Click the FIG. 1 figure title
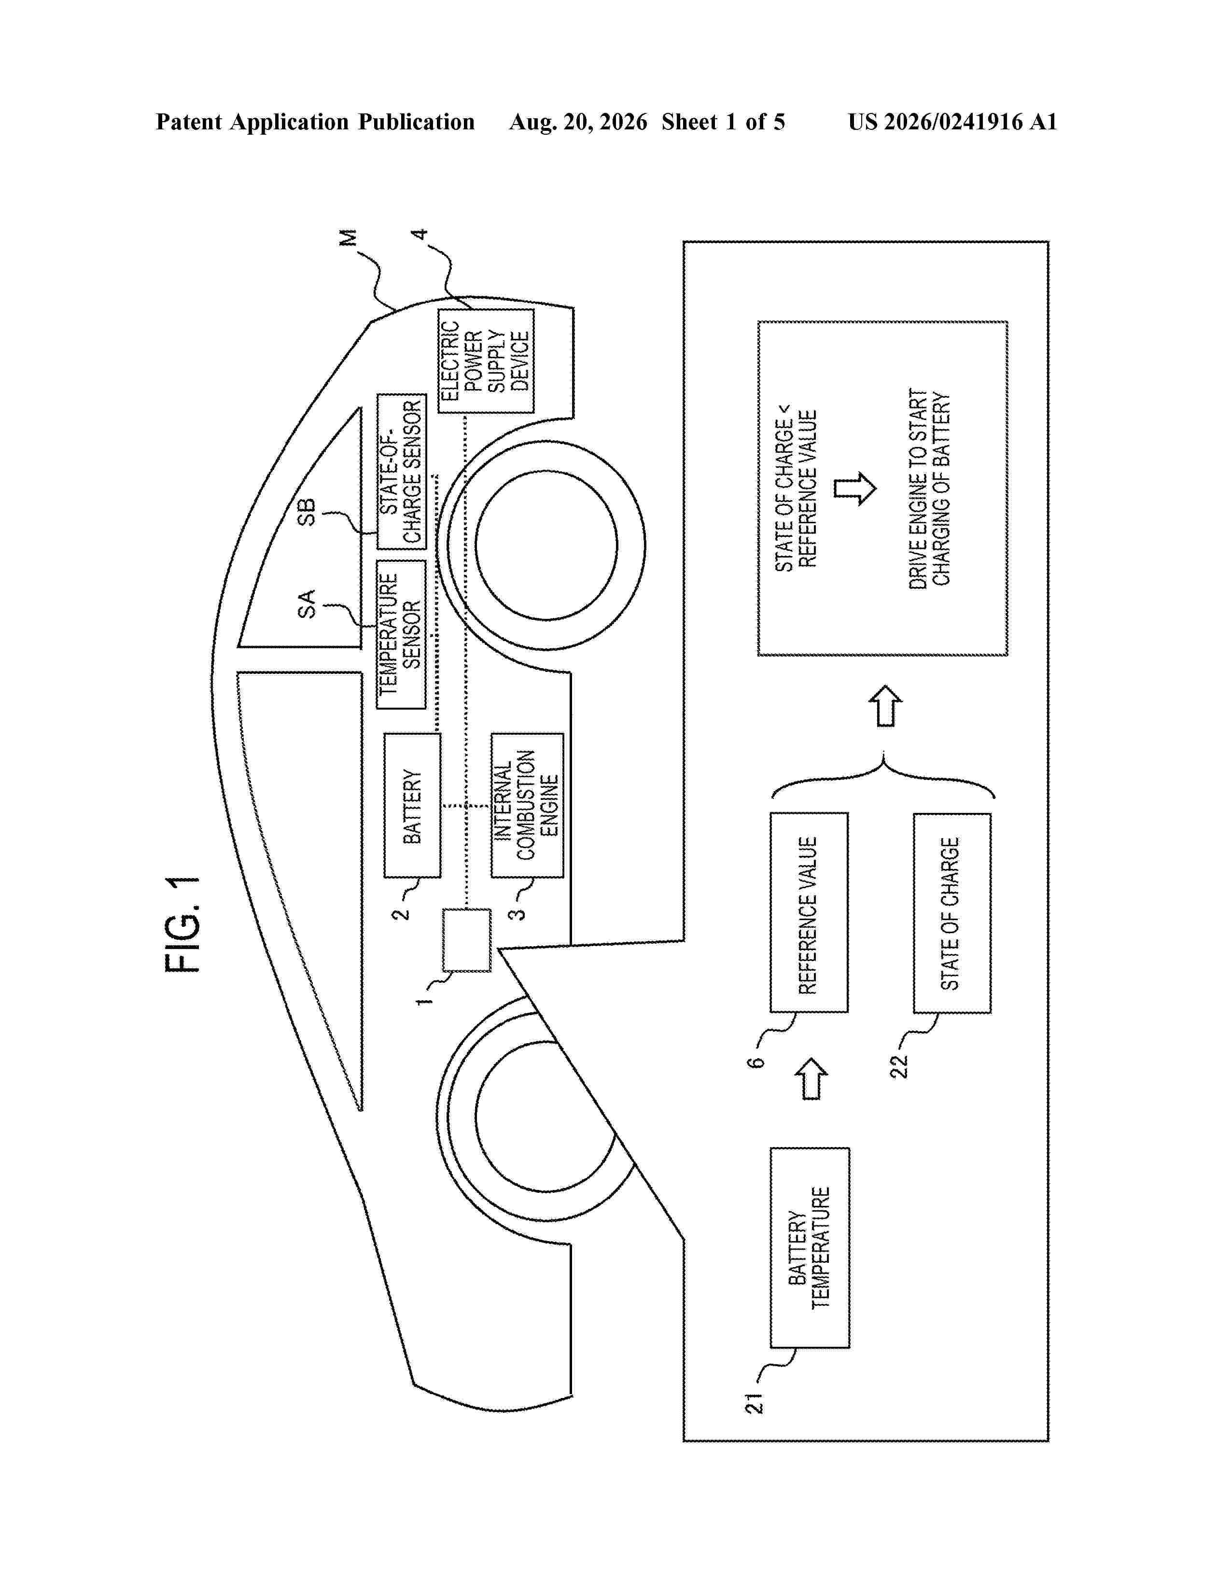tap(182, 925)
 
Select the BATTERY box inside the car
tap(412, 805)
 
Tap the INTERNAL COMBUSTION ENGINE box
tap(527, 805)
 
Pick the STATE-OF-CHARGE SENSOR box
tap(401, 471)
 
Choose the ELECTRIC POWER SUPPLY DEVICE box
tap(486, 361)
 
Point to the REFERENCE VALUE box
tap(809, 912)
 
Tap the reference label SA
tap(307, 604)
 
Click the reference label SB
tap(307, 512)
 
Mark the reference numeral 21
tap(754, 1403)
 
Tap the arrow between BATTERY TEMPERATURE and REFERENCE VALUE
tap(811, 1079)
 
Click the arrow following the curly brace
tap(885, 705)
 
